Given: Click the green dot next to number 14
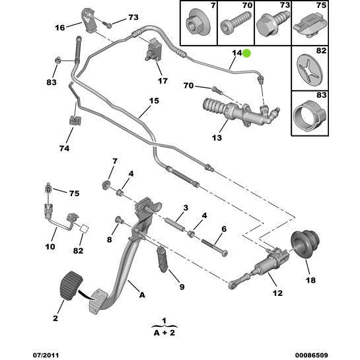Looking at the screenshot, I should point(247,54).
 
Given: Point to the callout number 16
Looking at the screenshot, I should point(59,28).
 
